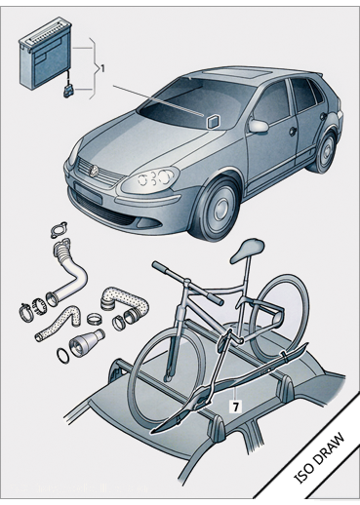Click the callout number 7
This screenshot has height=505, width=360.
(x=235, y=406)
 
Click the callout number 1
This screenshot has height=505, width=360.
(x=102, y=68)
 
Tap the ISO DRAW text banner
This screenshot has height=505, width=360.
(x=319, y=457)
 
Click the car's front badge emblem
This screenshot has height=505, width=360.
(x=94, y=170)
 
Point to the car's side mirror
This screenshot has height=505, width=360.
(x=259, y=126)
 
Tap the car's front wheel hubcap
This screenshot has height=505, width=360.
(x=222, y=208)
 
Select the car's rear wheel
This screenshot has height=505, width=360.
(x=324, y=152)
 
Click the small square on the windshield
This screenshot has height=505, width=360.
(x=213, y=122)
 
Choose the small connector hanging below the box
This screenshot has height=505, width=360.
(x=69, y=92)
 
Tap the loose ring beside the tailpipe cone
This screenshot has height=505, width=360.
(x=63, y=356)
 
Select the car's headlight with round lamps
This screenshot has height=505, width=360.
(x=150, y=180)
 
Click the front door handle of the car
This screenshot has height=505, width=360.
(x=293, y=131)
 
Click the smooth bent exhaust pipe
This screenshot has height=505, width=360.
(x=72, y=274)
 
